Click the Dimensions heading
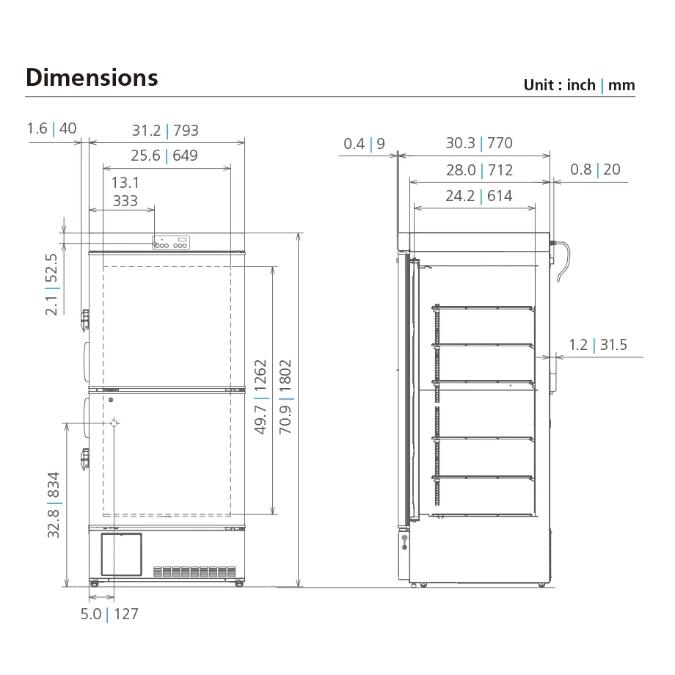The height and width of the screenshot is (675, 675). pyautogui.click(x=92, y=78)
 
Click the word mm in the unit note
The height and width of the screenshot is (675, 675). pyautogui.click(x=621, y=85)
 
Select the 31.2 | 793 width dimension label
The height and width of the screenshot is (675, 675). pyautogui.click(x=165, y=131)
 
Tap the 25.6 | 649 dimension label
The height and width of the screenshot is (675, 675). pyautogui.click(x=164, y=156)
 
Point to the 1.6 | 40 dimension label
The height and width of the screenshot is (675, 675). pyautogui.click(x=51, y=128)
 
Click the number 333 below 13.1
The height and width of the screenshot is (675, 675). pyautogui.click(x=125, y=201)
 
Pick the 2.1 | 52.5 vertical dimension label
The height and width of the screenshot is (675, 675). pyautogui.click(x=51, y=284)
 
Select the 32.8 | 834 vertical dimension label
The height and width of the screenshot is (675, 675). pyautogui.click(x=54, y=505)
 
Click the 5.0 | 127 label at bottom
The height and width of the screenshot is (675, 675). pyautogui.click(x=109, y=614)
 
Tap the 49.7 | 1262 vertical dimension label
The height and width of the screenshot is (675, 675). pyautogui.click(x=261, y=397)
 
